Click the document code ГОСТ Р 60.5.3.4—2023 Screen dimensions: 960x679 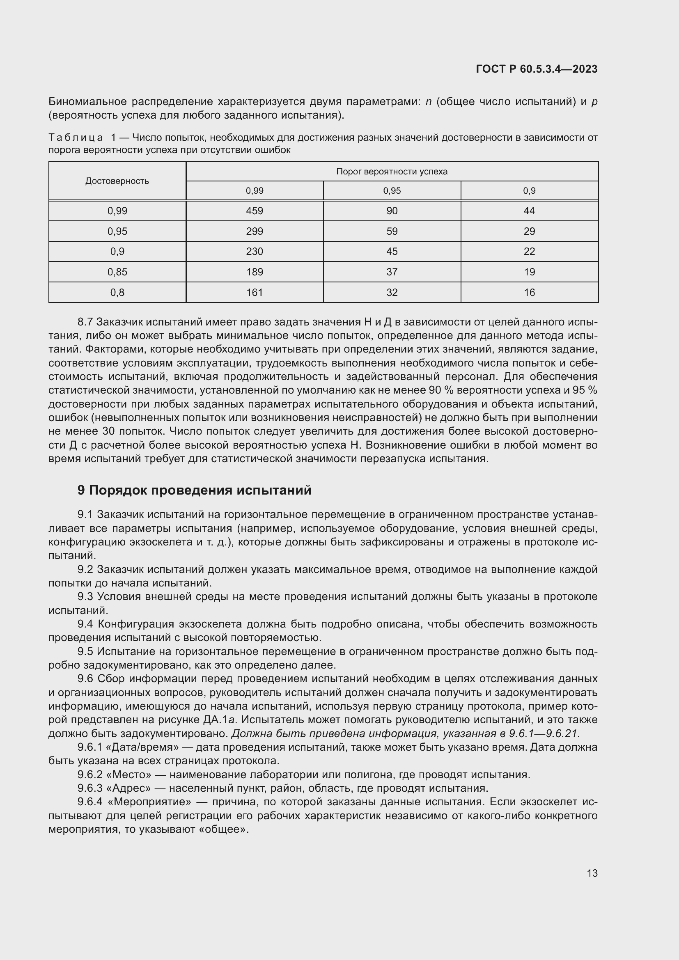(x=537, y=69)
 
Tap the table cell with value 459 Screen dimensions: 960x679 (x=254, y=211)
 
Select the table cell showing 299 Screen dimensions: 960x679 (x=254, y=231)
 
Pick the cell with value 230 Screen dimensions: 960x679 (x=254, y=251)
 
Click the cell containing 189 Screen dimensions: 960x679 (x=254, y=272)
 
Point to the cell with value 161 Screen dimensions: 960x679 (x=254, y=292)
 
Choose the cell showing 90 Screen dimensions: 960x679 (x=392, y=211)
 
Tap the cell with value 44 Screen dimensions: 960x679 (x=529, y=211)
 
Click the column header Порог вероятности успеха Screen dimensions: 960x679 (x=392, y=172)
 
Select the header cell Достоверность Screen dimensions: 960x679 (x=117, y=181)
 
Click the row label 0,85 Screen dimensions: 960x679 (x=117, y=272)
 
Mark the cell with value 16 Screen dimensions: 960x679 (x=529, y=292)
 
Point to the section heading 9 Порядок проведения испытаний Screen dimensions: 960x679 (x=195, y=490)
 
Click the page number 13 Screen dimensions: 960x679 (x=592, y=873)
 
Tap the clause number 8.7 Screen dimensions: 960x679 (x=85, y=322)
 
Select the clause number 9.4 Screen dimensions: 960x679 (x=85, y=624)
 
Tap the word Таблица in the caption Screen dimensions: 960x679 (x=76, y=137)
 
